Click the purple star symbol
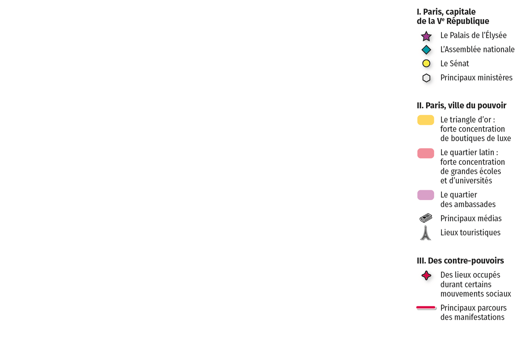(x=426, y=36)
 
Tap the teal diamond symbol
(x=426, y=50)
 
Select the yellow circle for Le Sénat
(x=426, y=63)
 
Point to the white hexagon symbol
(x=426, y=78)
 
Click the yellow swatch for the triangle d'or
(x=425, y=120)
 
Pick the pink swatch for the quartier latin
(x=425, y=153)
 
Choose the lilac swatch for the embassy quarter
(x=425, y=195)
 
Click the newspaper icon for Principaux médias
(x=426, y=218)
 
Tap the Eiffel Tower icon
(x=425, y=233)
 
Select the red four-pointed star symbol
(x=426, y=276)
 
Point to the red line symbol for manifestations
(x=426, y=307)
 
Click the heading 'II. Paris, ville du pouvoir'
(x=461, y=106)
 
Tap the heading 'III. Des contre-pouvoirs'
(x=460, y=260)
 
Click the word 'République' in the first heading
(x=468, y=21)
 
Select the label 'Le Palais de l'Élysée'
(x=473, y=35)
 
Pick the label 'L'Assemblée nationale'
(x=477, y=49)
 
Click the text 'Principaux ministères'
(x=476, y=77)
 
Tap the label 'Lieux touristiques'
(x=470, y=232)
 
